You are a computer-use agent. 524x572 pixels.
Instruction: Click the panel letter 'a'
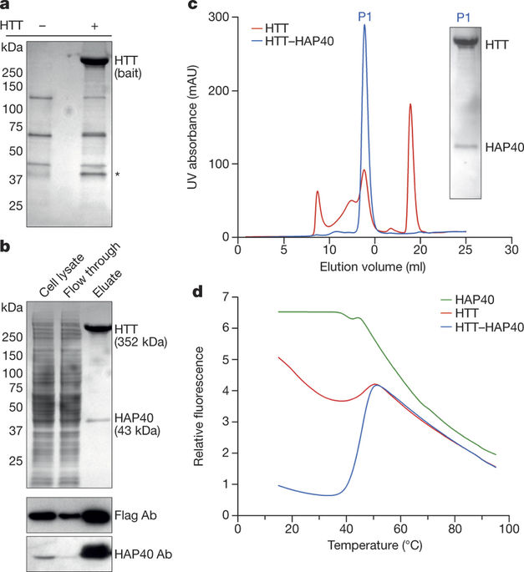click(6, 7)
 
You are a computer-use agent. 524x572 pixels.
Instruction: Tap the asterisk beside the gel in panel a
click(118, 175)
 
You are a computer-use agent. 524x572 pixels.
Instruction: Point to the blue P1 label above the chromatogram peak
click(364, 14)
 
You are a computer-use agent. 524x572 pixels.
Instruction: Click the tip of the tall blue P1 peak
click(364, 24)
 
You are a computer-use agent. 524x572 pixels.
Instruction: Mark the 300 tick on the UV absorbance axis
click(221, 17)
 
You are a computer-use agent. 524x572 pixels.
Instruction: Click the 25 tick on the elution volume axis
click(465, 251)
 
